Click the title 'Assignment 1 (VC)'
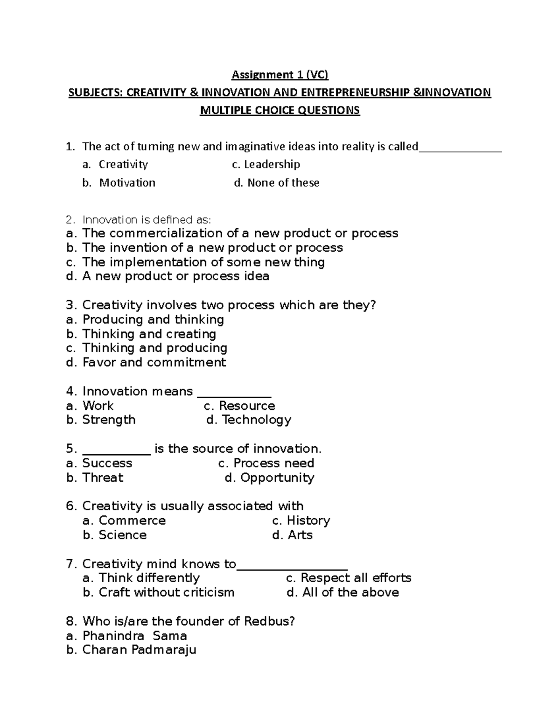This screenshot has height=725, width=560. pyautogui.click(x=280, y=75)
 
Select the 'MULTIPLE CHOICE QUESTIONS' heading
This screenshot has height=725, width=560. pyautogui.click(x=280, y=111)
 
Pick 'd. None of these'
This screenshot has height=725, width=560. pyautogui.click(x=276, y=183)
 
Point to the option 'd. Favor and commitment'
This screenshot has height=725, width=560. pyautogui.click(x=146, y=362)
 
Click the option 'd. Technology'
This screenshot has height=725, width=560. pyautogui.click(x=249, y=420)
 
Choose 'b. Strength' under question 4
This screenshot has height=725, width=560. pyautogui.click(x=101, y=420)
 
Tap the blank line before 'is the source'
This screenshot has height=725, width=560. pyautogui.click(x=116, y=450)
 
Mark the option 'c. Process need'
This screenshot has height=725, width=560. pyautogui.click(x=266, y=463)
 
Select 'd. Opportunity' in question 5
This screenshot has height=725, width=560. pyautogui.click(x=269, y=478)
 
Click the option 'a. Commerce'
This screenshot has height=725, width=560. pyautogui.click(x=124, y=521)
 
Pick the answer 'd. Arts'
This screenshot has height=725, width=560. pyautogui.click(x=292, y=535)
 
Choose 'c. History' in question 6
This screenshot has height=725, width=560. pyautogui.click(x=301, y=521)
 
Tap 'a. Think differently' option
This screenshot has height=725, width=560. pyautogui.click(x=141, y=578)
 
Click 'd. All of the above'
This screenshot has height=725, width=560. pyautogui.click(x=343, y=592)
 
